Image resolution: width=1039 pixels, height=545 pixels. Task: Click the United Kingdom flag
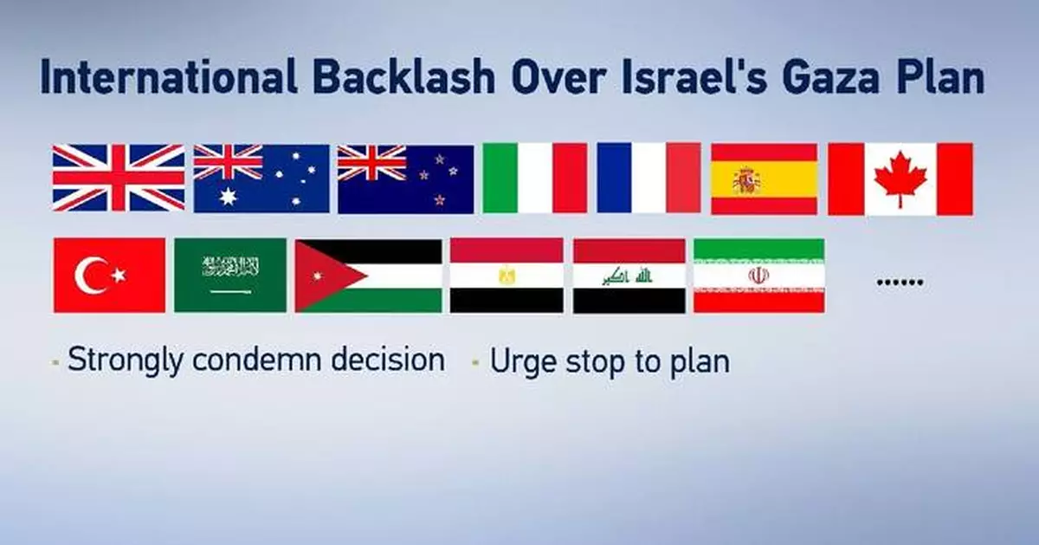119,178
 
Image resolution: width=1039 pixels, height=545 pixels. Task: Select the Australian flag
261,178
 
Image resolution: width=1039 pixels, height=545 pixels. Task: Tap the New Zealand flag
405,178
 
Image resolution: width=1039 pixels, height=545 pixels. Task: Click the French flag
649,178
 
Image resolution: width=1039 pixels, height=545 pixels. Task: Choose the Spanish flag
764,178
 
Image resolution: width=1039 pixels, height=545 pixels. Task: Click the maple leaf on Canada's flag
900,177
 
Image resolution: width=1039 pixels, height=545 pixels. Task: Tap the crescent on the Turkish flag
92,276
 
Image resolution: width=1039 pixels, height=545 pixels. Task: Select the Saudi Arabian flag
229,275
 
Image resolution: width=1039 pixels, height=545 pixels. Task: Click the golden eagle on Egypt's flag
506,276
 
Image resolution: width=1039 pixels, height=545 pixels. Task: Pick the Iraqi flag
629,276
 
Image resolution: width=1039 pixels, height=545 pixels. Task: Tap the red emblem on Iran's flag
758,276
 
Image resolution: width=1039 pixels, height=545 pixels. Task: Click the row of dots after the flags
900,282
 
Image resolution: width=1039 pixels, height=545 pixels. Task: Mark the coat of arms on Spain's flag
746,180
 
